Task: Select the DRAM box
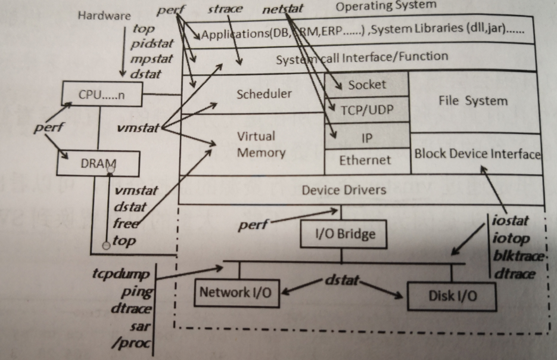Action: (x=98, y=163)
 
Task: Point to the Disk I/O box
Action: (x=451, y=295)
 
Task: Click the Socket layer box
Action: (x=367, y=85)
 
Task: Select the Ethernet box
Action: (x=365, y=160)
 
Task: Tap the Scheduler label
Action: (x=264, y=94)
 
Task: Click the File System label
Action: (x=473, y=101)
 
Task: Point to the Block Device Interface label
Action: (x=477, y=154)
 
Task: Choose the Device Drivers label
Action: (x=344, y=190)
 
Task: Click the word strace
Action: (x=225, y=10)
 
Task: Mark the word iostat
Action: (x=511, y=221)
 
